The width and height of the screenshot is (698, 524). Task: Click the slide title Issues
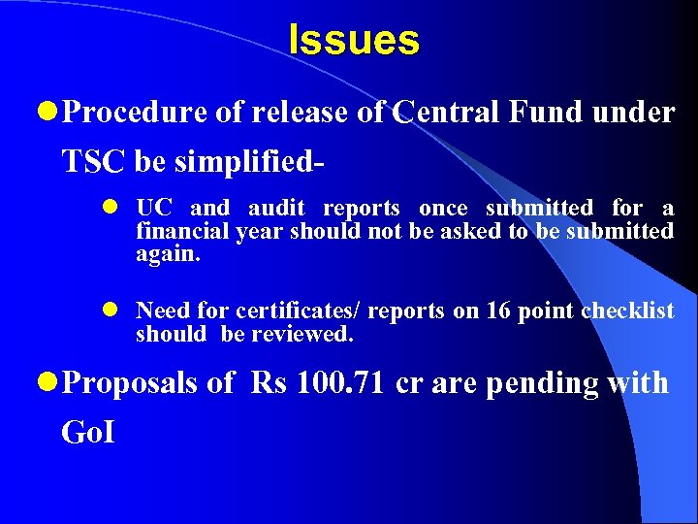click(354, 41)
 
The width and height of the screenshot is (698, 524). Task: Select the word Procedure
click(135, 114)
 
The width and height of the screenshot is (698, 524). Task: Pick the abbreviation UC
click(153, 208)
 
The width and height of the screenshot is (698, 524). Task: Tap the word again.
click(167, 254)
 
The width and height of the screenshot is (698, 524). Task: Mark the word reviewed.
click(302, 335)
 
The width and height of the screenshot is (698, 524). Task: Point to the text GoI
click(87, 431)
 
